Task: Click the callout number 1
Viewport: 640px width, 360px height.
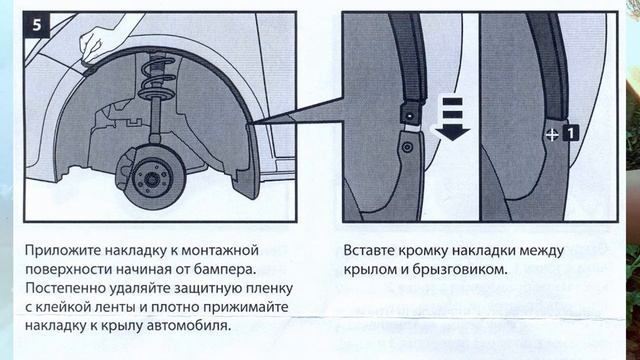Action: tap(569, 132)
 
